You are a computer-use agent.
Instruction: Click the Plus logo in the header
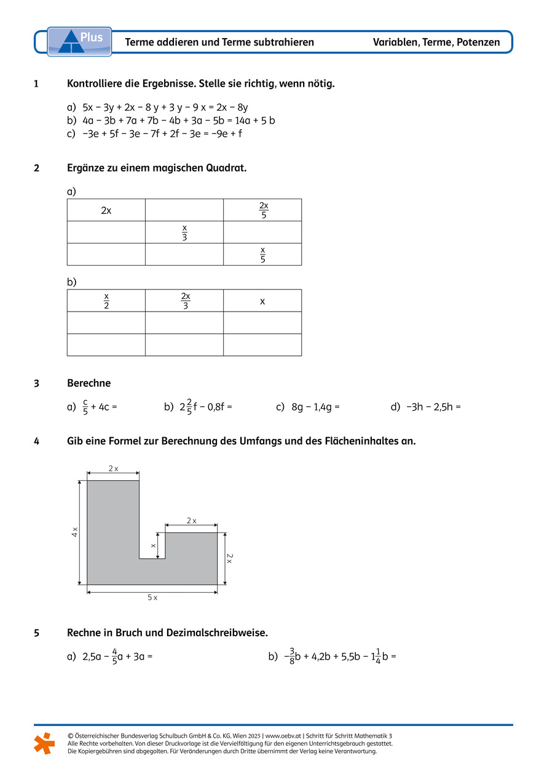[79, 41]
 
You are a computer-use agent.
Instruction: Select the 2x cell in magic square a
[106, 210]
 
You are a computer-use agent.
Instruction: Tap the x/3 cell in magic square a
[184, 232]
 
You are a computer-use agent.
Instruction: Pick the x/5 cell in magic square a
[262, 254]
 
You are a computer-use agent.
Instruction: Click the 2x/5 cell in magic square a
[263, 210]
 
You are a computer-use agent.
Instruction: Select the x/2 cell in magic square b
[106, 301]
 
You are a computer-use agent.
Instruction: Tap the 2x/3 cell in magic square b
[185, 301]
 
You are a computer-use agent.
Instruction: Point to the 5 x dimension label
[152, 598]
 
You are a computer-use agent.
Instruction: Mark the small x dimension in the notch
[154, 545]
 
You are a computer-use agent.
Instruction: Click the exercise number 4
[37, 441]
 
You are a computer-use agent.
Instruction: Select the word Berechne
[89, 383]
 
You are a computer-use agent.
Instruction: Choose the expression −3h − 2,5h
[430, 407]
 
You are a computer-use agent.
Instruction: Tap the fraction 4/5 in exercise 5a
[114, 657]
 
